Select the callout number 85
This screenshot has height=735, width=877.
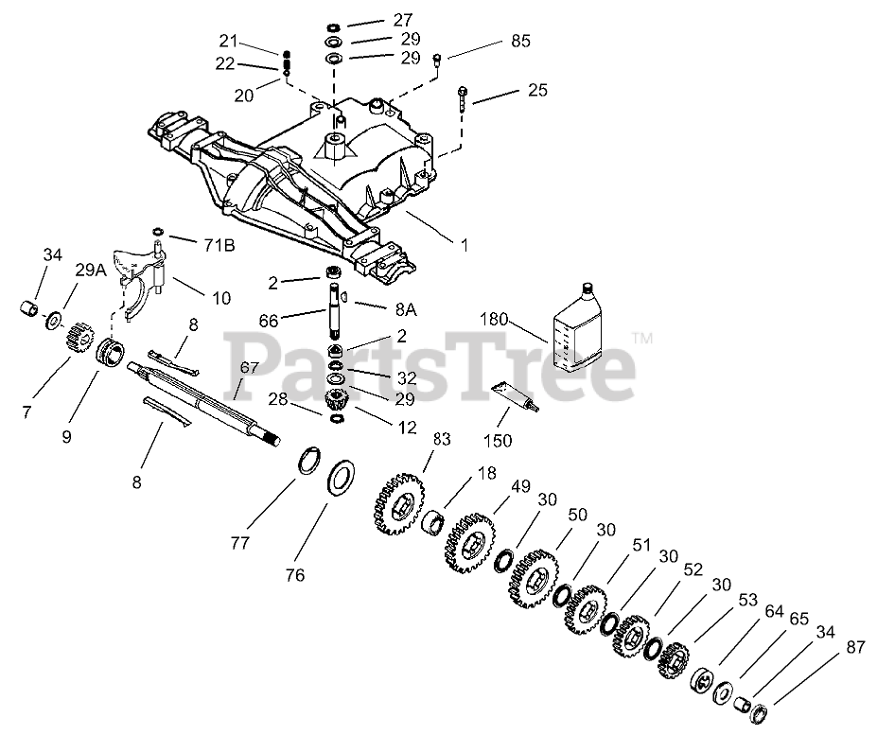(x=519, y=42)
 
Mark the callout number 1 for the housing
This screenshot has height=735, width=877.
(x=464, y=244)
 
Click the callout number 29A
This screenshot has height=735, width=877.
(x=90, y=271)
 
